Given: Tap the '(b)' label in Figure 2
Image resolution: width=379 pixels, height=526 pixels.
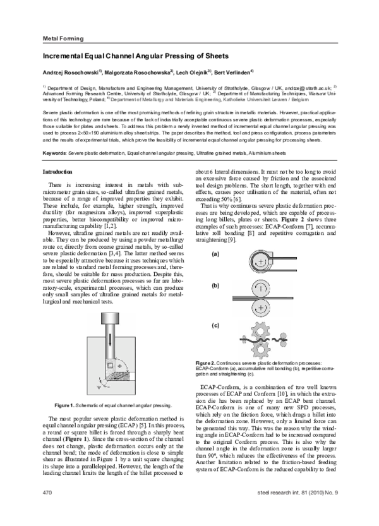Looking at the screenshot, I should [x=215, y=285].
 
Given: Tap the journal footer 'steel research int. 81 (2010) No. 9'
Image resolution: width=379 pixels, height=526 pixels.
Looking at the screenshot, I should [x=295, y=509].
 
